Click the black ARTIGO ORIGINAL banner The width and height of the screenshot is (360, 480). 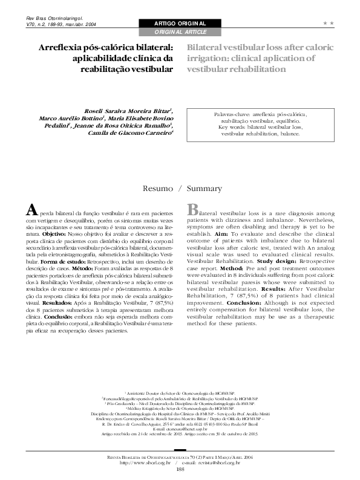pos(180,23)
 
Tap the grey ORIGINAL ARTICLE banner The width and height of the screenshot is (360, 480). pos(180,31)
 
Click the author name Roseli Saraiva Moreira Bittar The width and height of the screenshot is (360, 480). pos(137,111)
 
